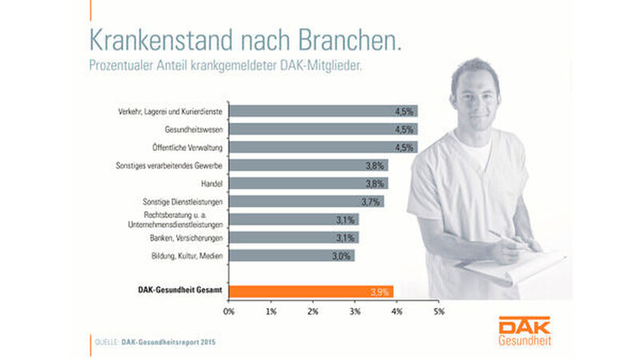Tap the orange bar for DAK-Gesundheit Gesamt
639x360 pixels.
[x=312, y=292]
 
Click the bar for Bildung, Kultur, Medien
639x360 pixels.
[x=292, y=255]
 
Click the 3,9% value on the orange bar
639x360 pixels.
[x=380, y=292]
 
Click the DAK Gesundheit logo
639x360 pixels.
[x=523, y=330]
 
